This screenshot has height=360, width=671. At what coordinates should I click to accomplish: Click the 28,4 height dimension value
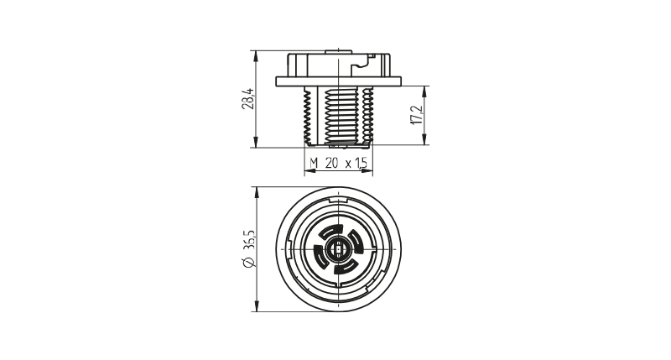(247, 99)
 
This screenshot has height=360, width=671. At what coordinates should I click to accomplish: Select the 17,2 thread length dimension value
(416, 116)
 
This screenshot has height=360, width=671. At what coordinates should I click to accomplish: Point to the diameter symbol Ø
(248, 263)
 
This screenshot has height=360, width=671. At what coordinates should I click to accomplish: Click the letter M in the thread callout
(314, 163)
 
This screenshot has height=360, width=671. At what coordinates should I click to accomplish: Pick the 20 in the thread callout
(331, 163)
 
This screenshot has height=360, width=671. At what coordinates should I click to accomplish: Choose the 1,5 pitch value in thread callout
(361, 163)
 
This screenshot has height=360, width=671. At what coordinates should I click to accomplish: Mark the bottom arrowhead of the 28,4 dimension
(257, 143)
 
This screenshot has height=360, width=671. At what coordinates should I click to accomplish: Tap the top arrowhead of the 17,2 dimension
(424, 91)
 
